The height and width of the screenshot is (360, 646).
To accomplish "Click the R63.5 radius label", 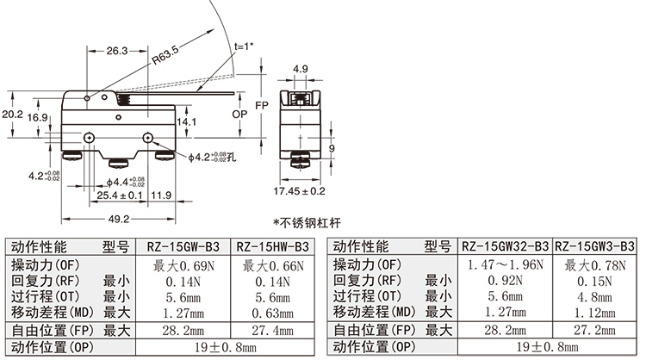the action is pyautogui.click(x=165, y=56).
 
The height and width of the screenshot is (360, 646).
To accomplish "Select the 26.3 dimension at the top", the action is pyautogui.click(x=117, y=51).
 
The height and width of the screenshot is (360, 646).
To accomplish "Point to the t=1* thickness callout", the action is pyautogui.click(x=244, y=47).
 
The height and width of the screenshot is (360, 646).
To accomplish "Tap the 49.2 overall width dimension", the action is pyautogui.click(x=119, y=219).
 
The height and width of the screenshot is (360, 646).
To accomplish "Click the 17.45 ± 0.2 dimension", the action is pyautogui.click(x=299, y=190).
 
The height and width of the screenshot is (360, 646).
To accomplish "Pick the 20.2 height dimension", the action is pyautogui.click(x=12, y=114).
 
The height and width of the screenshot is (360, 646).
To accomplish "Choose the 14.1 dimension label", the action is pyautogui.click(x=186, y=121).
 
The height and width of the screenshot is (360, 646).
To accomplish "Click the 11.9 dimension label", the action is pyautogui.click(x=161, y=195).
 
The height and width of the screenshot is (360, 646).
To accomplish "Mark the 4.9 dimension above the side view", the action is pyautogui.click(x=301, y=69).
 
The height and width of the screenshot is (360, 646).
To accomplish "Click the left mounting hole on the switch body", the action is pyautogui.click(x=89, y=138).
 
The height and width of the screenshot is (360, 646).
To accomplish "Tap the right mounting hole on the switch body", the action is pyautogui.click(x=148, y=138).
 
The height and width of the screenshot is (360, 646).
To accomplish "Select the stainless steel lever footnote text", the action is pyautogui.click(x=307, y=223).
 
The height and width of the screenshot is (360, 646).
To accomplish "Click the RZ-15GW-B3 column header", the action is pyautogui.click(x=183, y=246).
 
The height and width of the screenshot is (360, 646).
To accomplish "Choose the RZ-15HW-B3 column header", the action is pyautogui.click(x=273, y=246).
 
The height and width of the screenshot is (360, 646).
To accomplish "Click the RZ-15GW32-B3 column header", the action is pyautogui.click(x=505, y=246).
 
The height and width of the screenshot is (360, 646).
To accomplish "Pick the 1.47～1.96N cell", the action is pyautogui.click(x=506, y=264).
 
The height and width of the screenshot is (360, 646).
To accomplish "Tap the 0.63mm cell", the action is pyautogui.click(x=273, y=313).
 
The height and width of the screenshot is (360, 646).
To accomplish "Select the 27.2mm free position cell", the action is pyautogui.click(x=594, y=330).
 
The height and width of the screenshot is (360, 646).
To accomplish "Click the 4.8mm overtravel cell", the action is pyautogui.click(x=594, y=297).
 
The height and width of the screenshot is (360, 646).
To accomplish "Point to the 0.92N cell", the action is pyautogui.click(x=506, y=281).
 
